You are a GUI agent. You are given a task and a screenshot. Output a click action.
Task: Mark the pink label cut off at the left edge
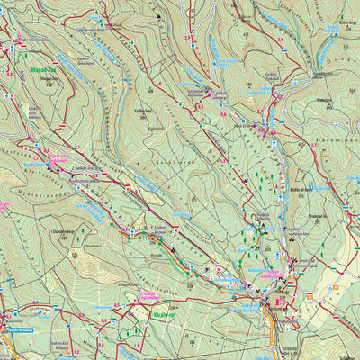coord(4,206)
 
